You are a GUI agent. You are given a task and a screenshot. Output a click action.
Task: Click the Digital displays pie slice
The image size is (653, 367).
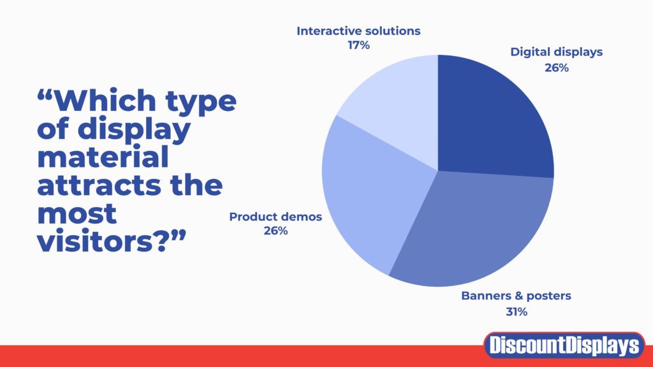click(x=494, y=118)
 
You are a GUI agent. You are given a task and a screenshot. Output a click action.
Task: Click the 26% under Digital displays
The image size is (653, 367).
click(x=556, y=68)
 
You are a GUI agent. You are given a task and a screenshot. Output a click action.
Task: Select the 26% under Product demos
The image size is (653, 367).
click(x=275, y=231)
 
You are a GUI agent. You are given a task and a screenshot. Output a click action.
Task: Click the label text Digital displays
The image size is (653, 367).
click(x=556, y=53)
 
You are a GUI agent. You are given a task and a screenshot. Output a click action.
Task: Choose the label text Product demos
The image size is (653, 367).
click(x=275, y=217)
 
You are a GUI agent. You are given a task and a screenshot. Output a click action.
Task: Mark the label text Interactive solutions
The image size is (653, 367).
click(x=359, y=30)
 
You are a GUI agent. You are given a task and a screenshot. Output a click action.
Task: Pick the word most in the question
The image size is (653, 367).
click(x=77, y=213)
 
